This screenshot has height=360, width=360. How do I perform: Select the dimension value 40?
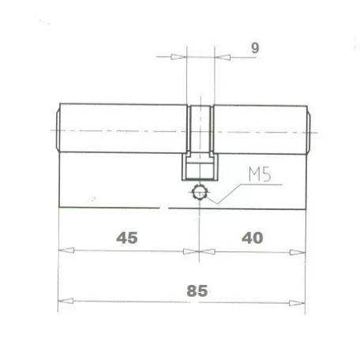253,237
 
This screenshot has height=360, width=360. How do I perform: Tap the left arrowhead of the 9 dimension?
180,57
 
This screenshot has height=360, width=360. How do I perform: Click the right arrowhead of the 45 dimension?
192,251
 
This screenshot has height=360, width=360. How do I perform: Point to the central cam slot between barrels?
201,130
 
